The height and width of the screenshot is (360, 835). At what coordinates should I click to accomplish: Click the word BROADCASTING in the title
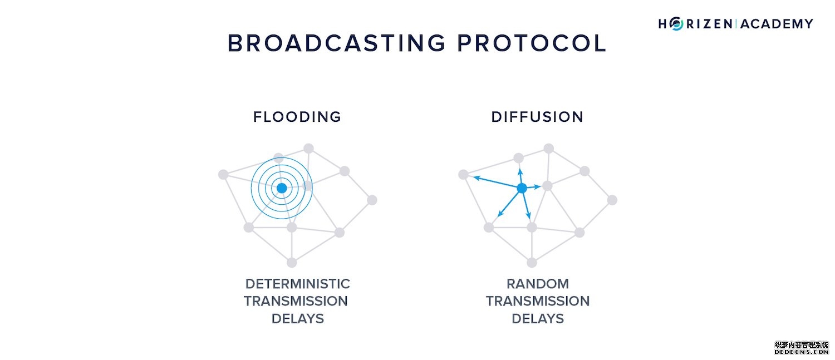336,43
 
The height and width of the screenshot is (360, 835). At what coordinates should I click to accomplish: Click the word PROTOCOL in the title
531,43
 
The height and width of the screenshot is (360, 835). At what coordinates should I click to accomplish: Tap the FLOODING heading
297,117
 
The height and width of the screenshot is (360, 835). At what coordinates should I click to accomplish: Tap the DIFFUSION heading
537,117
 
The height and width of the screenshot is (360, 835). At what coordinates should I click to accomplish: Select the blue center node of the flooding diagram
282,188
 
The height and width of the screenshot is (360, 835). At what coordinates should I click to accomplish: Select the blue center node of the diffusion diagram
522,189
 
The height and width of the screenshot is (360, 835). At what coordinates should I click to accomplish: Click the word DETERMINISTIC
297,284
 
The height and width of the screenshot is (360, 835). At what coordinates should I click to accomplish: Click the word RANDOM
537,284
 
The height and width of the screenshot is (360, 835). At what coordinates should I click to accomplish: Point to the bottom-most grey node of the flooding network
291,263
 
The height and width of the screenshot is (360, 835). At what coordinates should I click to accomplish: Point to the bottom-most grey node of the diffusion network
532,263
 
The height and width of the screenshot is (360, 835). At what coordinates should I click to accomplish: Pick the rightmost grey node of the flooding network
372,200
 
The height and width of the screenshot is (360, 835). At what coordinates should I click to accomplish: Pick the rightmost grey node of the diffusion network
612,200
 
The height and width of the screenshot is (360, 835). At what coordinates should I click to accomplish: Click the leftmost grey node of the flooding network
223,175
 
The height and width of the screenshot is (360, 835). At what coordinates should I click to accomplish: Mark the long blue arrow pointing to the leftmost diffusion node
493,182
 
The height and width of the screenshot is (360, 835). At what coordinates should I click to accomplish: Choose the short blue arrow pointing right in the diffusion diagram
533,187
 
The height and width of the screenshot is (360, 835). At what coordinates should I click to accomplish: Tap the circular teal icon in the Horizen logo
677,23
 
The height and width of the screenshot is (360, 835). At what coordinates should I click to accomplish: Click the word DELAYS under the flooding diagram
297,319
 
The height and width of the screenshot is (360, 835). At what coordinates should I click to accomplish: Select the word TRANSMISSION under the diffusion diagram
537,301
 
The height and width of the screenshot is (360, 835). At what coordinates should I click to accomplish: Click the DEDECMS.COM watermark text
801,352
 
